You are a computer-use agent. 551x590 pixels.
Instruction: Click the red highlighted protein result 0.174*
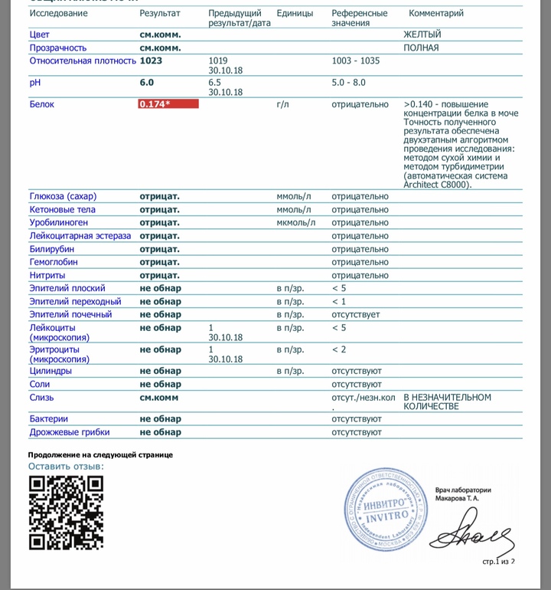(x=168, y=104)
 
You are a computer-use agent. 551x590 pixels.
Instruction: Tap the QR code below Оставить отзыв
(x=66, y=513)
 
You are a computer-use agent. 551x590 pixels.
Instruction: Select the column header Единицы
(x=295, y=14)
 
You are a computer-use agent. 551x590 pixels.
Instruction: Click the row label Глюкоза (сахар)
(x=63, y=196)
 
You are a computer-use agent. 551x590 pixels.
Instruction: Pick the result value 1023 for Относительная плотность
(x=151, y=61)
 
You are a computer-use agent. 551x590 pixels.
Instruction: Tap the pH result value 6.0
(x=147, y=82)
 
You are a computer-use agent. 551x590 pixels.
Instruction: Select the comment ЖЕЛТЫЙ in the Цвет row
(x=422, y=34)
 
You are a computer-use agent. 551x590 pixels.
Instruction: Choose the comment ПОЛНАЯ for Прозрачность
(x=421, y=48)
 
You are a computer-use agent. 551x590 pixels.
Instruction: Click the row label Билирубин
(x=52, y=249)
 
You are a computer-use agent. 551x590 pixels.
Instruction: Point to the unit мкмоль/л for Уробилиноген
(x=296, y=223)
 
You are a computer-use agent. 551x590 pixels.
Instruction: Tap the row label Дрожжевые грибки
(x=67, y=432)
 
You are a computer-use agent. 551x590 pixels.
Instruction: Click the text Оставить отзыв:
(x=66, y=466)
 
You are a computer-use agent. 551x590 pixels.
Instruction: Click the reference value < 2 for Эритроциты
(x=339, y=349)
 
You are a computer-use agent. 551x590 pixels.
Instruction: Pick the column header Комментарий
(x=436, y=14)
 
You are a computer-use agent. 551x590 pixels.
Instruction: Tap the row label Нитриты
(x=47, y=275)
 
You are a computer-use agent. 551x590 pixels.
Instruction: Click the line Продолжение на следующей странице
(x=101, y=454)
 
